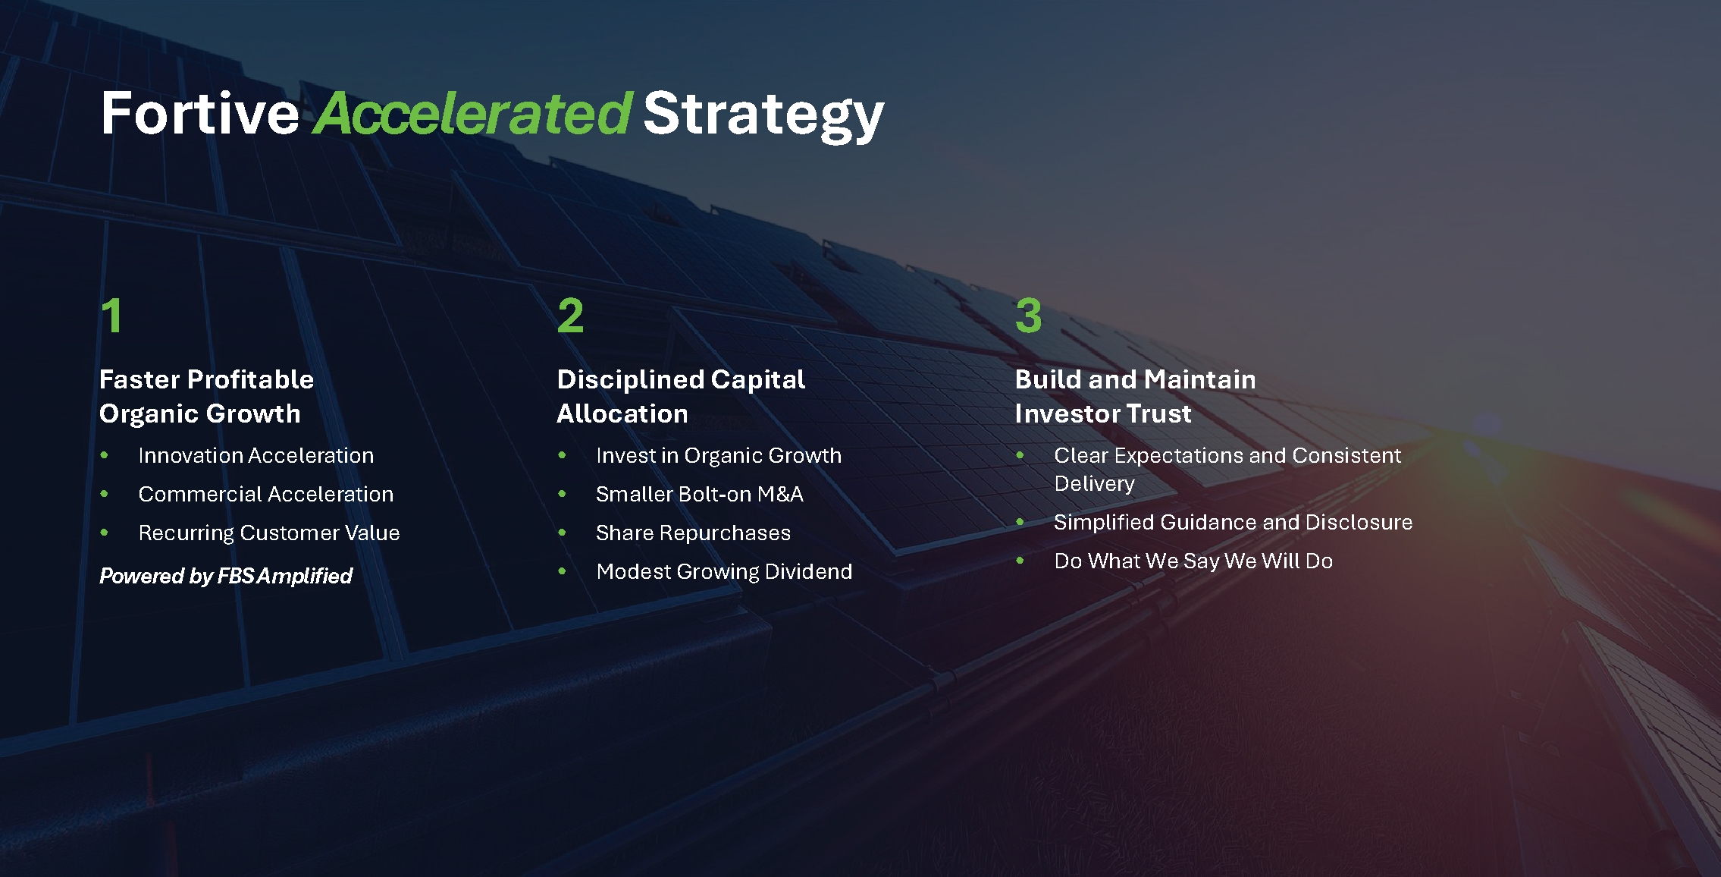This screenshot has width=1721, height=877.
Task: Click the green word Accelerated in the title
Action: pos(472,113)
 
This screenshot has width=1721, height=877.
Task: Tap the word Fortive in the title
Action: pos(200,113)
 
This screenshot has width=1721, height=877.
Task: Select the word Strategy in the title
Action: pos(763,115)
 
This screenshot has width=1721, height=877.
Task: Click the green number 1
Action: pos(111,315)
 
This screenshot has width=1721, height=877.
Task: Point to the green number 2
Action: pos(570,315)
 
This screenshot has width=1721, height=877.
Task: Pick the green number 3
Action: pos(1028,315)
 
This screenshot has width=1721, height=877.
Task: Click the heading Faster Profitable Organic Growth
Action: pos(206,396)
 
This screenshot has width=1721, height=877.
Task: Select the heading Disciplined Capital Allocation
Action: pos(681,396)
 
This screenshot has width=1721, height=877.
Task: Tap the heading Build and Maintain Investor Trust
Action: pos(1135,396)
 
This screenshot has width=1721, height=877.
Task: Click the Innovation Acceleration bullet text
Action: pos(255,455)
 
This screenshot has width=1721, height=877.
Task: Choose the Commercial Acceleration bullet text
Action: pos(265,494)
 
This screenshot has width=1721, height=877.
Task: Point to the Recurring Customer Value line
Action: pos(268,533)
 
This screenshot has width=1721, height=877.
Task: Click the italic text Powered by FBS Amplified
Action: pos(226,577)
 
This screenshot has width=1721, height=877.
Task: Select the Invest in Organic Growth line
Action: pos(719,455)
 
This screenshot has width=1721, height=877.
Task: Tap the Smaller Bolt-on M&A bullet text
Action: pos(699,494)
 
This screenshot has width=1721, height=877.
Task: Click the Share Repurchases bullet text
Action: pos(693,533)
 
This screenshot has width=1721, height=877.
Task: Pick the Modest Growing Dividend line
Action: pos(724,572)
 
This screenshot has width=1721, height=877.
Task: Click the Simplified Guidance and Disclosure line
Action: pos(1233,522)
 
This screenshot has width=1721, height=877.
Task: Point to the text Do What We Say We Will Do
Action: pos(1193,561)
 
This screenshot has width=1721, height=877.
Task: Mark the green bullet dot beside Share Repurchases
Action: pos(562,533)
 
